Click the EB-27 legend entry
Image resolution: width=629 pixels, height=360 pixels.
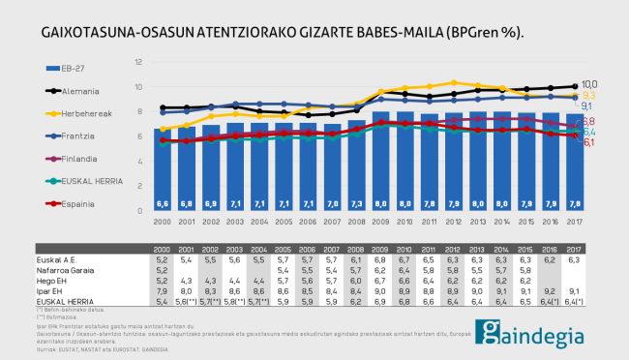pos(74,69)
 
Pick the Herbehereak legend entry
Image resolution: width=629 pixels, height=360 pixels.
pos(85,113)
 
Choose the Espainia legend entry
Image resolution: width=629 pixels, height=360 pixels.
pos(77,204)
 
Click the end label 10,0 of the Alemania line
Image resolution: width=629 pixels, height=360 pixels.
pos(589,85)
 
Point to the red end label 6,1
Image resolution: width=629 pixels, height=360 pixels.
pos(588,141)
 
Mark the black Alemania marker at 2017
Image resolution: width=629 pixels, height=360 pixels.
pos(575,87)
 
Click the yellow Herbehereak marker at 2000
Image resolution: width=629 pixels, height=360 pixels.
pos(162,129)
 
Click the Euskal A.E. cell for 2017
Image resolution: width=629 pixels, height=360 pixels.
pos(574,259)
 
